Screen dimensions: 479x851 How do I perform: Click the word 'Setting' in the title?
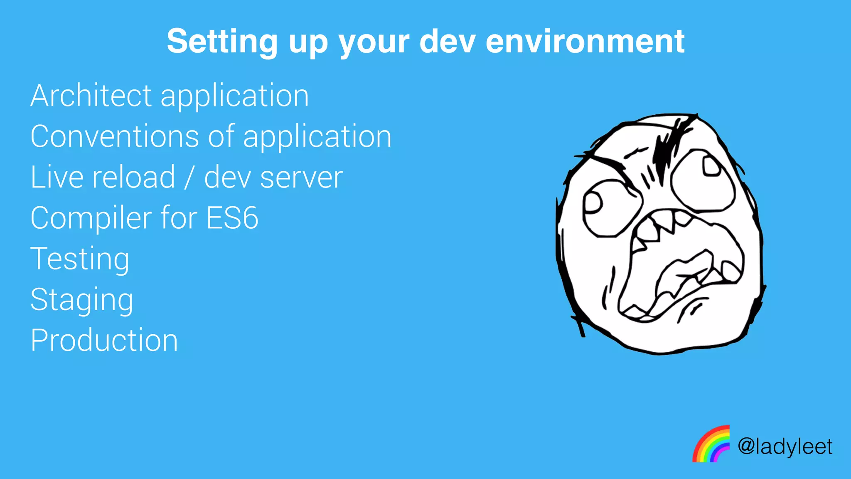pos(222,41)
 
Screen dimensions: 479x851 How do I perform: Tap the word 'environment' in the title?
pos(585,41)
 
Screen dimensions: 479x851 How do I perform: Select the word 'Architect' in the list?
pos(91,96)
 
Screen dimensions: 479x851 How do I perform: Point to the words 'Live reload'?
pos(103,177)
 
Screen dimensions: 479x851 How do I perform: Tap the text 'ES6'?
pos(232,218)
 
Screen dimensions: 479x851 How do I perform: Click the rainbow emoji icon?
pos(711,444)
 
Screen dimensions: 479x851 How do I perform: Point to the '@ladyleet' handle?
pos(785,447)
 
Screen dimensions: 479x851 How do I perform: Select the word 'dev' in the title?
pos(447,41)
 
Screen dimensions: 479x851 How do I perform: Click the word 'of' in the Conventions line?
pos(221,136)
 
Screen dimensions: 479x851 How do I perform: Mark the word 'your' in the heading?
pos(374,42)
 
